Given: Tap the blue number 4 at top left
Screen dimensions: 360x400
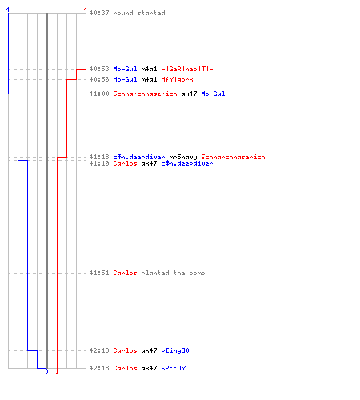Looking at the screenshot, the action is (8, 10).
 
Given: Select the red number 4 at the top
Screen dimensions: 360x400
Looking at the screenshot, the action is (86, 10).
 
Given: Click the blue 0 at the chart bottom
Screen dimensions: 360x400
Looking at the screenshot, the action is (46, 371).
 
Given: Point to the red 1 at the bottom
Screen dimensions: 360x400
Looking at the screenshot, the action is (57, 371).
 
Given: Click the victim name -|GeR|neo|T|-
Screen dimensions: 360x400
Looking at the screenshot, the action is (187, 69).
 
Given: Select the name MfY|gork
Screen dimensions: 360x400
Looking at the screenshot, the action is (177, 79).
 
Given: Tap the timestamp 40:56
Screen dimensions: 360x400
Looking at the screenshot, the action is (99, 79).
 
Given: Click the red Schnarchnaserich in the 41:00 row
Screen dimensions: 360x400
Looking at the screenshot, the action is (145, 94).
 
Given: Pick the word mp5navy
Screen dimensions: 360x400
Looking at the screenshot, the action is (183, 157).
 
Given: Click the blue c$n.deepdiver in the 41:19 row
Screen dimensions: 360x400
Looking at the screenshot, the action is (187, 163).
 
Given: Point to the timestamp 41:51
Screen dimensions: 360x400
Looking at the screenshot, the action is (99, 273).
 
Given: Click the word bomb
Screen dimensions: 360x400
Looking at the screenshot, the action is (197, 273).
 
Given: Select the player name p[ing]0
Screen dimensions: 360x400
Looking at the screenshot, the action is (175, 350).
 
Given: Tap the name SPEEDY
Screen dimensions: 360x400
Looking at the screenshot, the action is (174, 368).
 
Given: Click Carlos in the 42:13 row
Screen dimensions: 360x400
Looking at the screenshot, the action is (125, 350).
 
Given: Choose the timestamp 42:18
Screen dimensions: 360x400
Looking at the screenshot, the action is (99, 368).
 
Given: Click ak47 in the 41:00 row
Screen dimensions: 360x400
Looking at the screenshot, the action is (189, 94).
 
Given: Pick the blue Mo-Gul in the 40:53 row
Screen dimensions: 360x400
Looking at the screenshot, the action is (125, 69).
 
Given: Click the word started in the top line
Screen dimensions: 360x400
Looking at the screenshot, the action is (151, 13).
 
